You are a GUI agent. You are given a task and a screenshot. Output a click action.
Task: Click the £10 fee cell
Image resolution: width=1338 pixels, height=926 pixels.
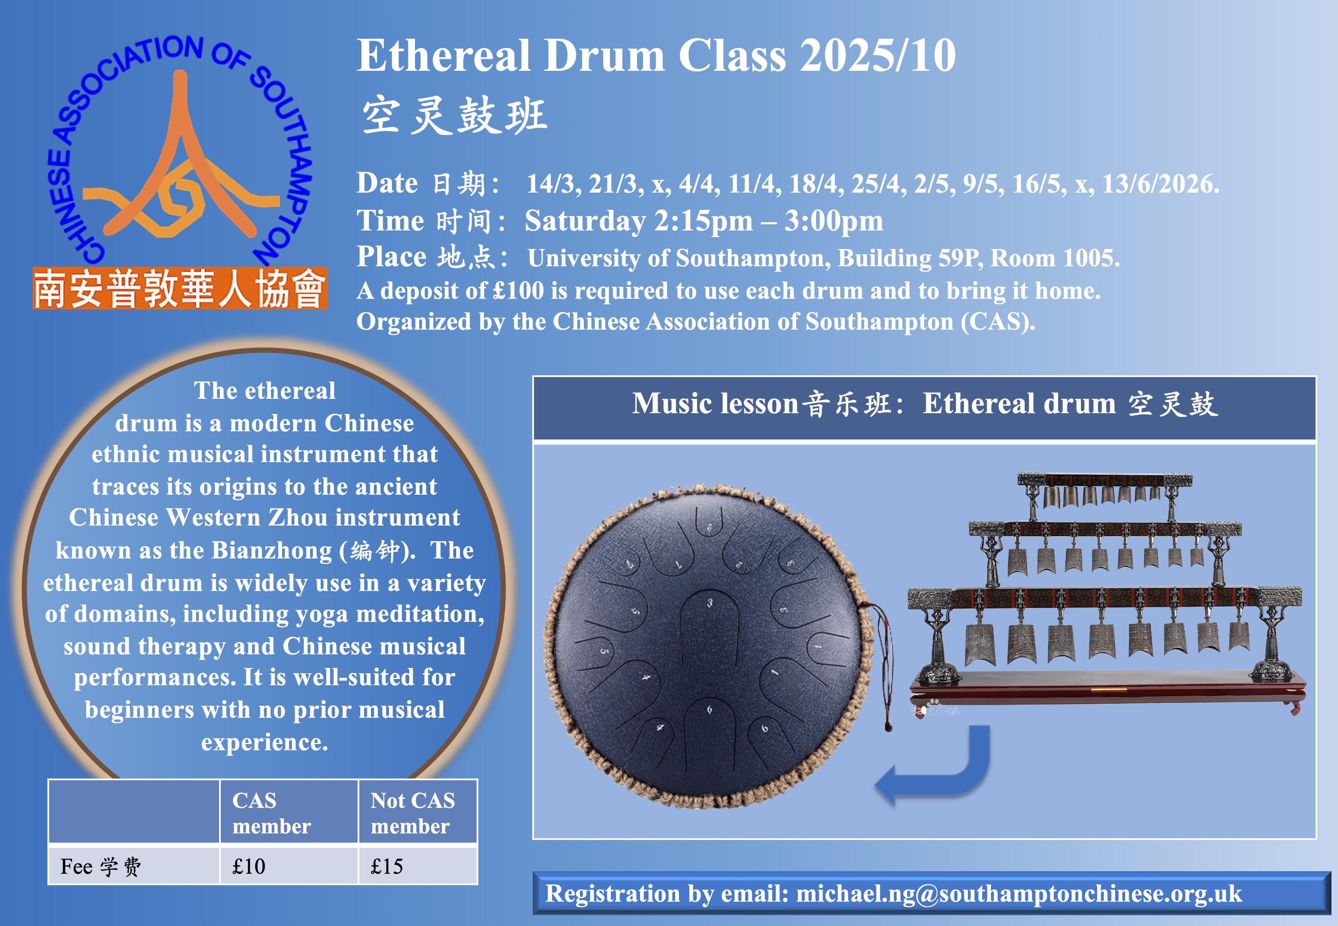pyautogui.click(x=288, y=865)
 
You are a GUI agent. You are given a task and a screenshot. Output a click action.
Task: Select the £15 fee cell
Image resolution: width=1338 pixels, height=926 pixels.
pyautogui.click(x=417, y=865)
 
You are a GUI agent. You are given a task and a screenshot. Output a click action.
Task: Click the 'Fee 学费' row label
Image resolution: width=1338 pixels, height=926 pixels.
pyautogui.click(x=100, y=866)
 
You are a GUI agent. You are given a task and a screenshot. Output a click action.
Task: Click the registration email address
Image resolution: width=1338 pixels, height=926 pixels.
pyautogui.click(x=1019, y=893)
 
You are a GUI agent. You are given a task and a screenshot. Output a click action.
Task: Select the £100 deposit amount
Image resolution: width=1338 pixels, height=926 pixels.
pyautogui.click(x=518, y=290)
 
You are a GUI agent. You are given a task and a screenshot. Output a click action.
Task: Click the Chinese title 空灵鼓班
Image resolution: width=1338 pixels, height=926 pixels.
pyautogui.click(x=455, y=116)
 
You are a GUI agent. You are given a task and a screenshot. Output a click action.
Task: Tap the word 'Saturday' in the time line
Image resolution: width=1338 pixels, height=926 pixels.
pyautogui.click(x=585, y=221)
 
